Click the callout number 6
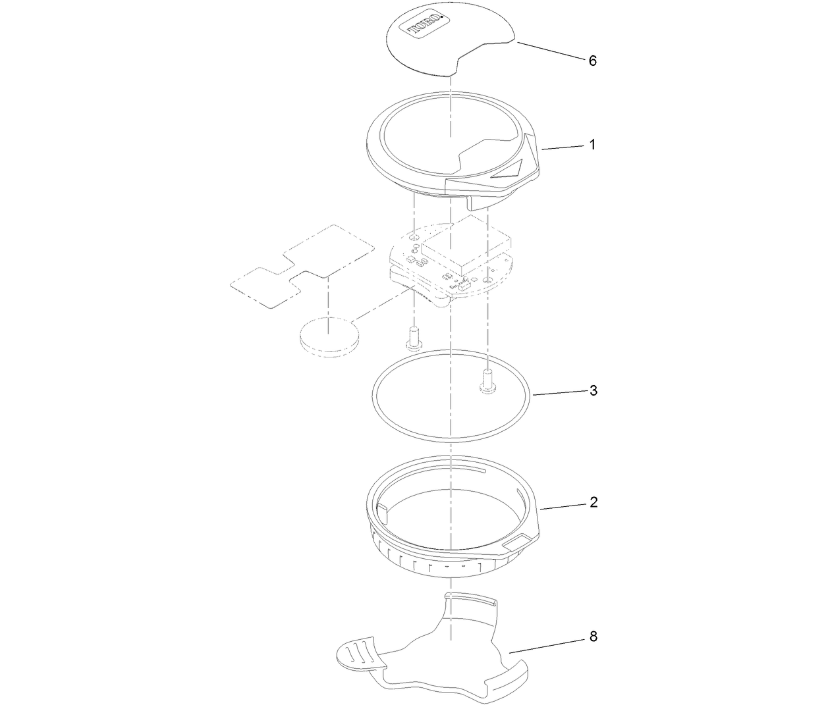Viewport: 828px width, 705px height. pyautogui.click(x=592, y=61)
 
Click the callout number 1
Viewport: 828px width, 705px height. pyautogui.click(x=592, y=144)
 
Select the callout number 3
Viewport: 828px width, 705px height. pyautogui.click(x=593, y=390)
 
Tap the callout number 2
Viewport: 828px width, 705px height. pyautogui.click(x=593, y=502)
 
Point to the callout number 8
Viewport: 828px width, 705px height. pyautogui.click(x=593, y=637)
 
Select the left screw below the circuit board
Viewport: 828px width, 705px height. pyautogui.click(x=413, y=338)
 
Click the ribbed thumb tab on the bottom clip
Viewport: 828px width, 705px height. pyautogui.click(x=356, y=653)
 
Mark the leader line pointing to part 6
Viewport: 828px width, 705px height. pyautogui.click(x=550, y=51)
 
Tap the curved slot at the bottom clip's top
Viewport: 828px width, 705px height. pyautogui.click(x=471, y=597)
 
